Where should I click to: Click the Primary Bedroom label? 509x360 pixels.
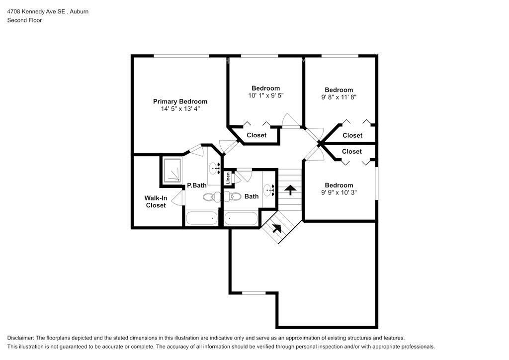coord(180,101)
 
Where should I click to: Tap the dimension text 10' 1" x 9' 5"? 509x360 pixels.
coord(266,95)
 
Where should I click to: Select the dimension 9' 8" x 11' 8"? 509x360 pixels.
coord(339,97)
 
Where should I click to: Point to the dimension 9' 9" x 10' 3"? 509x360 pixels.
coord(339,192)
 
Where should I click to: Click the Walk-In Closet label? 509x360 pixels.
coord(156,201)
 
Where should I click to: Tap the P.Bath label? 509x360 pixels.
coord(197,185)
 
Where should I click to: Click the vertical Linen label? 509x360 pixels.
coord(228,178)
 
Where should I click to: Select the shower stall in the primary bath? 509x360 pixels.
coord(171,171)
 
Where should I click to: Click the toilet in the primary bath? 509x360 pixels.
coord(212,197)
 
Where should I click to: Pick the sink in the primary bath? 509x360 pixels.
coord(214,168)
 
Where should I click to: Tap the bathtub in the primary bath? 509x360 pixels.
coord(202,218)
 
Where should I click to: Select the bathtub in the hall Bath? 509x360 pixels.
coord(241,218)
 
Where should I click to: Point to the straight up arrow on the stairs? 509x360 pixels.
coord(290,190)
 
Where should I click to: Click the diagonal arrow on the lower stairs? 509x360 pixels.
coord(276,229)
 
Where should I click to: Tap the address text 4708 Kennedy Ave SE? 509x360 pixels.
coord(36,12)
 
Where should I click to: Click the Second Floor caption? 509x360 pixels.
coord(24,20)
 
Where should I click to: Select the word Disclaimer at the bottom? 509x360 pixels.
coord(20,338)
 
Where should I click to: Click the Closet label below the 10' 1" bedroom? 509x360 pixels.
coord(256,135)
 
